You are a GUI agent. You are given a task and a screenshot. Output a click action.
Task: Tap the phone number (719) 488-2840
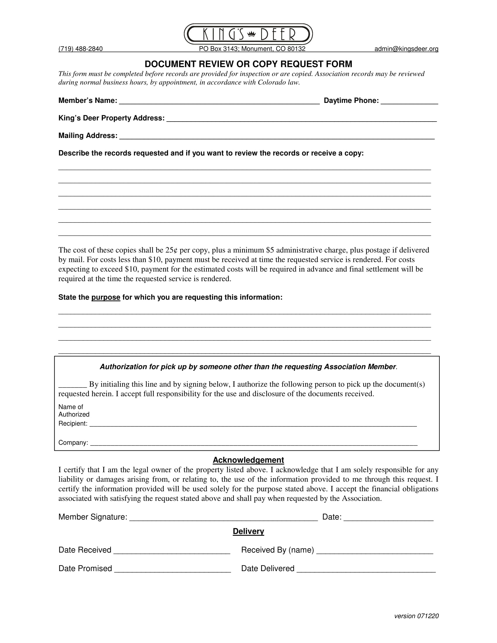point(80,49)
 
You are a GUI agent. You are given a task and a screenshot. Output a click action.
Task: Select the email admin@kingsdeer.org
point(406,49)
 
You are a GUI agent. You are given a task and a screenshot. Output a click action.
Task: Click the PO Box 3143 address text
point(252,49)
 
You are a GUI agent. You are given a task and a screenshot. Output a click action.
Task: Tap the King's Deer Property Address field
point(301,119)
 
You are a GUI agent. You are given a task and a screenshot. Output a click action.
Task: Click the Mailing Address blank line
point(277,136)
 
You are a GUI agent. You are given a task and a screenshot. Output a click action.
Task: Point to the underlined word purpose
point(106,297)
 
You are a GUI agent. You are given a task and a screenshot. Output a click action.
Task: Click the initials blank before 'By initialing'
point(72,385)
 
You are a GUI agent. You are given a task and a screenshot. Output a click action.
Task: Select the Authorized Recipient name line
point(253,424)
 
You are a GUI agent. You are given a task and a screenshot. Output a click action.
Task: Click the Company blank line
point(253,443)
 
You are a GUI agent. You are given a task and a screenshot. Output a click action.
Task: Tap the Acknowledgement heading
point(248,460)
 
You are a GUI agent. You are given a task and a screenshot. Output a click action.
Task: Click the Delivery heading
point(248,531)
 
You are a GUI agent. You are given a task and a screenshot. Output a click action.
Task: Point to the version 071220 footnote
point(416,616)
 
